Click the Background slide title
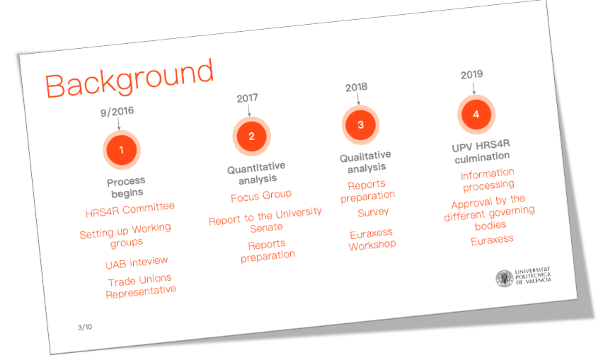click(129, 79)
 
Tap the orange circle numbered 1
click(121, 150)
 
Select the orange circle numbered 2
click(252, 137)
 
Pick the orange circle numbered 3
click(360, 124)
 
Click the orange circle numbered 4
click(476, 115)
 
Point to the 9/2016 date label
click(117, 112)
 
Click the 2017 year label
click(248, 98)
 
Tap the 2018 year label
click(356, 87)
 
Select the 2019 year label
click(471, 74)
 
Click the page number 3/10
click(85, 327)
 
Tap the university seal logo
click(505, 278)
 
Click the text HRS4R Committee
click(130, 209)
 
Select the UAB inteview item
click(137, 262)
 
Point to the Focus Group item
click(261, 196)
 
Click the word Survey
click(373, 212)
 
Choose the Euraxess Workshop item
click(372, 240)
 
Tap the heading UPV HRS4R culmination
click(481, 151)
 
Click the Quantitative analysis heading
click(257, 173)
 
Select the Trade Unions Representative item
click(140, 286)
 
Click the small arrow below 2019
click(474, 88)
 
